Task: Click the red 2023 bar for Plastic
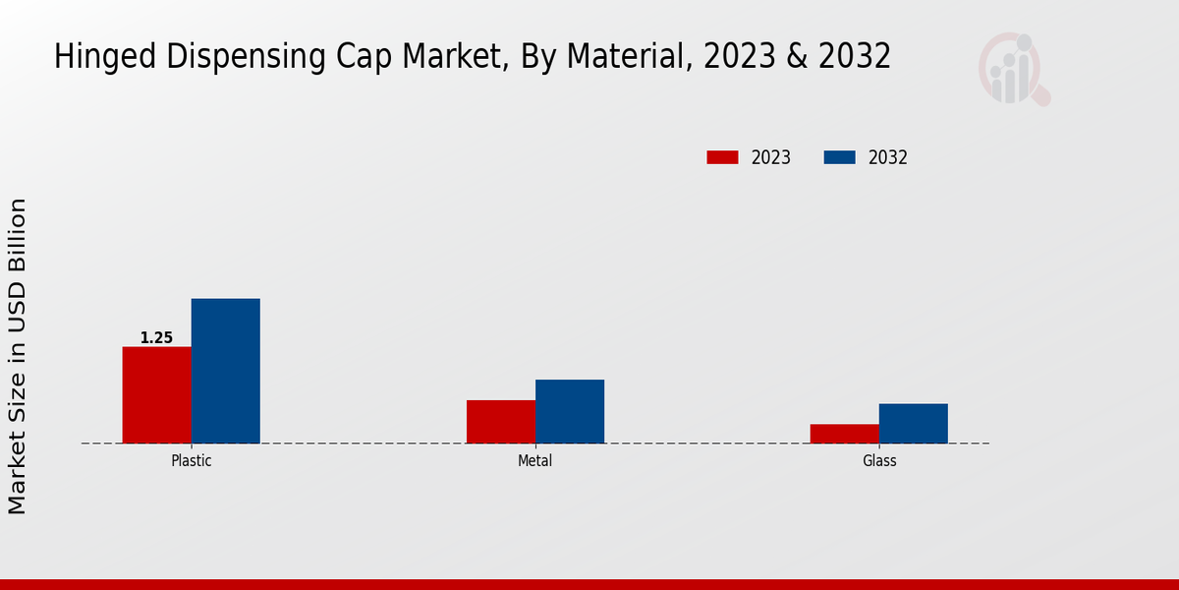[156, 394]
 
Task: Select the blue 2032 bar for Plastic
[225, 371]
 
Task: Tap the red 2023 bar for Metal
[501, 421]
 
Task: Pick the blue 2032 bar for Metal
[570, 411]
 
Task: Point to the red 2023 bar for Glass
[844, 433]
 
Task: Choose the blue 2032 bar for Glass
[913, 423]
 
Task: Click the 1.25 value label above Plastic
[156, 338]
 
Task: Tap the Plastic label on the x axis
[191, 460]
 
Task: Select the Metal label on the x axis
[534, 460]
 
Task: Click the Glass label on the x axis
[879, 460]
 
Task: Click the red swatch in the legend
[722, 157]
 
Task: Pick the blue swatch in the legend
[839, 157]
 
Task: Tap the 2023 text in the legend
[771, 157]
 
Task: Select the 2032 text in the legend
[888, 157]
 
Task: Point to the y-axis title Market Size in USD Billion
[18, 356]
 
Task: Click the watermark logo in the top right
[1013, 69]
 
